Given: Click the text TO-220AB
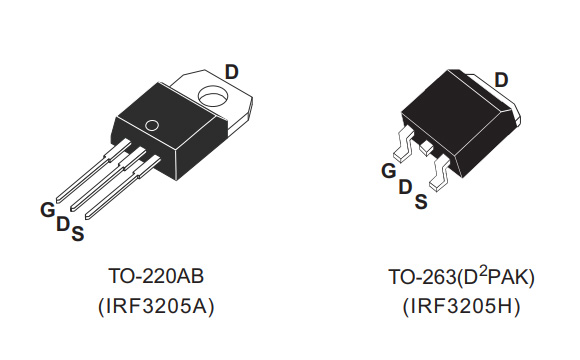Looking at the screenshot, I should tap(161, 274).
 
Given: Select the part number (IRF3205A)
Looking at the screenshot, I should tap(161, 305).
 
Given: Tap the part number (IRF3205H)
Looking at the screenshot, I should tap(464, 305).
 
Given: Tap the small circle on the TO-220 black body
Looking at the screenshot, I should tap(151, 126).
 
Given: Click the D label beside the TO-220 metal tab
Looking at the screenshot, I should tap(231, 72).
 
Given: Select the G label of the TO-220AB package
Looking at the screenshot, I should tap(46, 210).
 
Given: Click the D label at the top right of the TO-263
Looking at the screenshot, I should tap(501, 80).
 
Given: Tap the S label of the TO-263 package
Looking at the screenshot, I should tap(421, 201).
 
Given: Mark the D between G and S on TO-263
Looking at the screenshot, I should tap(405, 187).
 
